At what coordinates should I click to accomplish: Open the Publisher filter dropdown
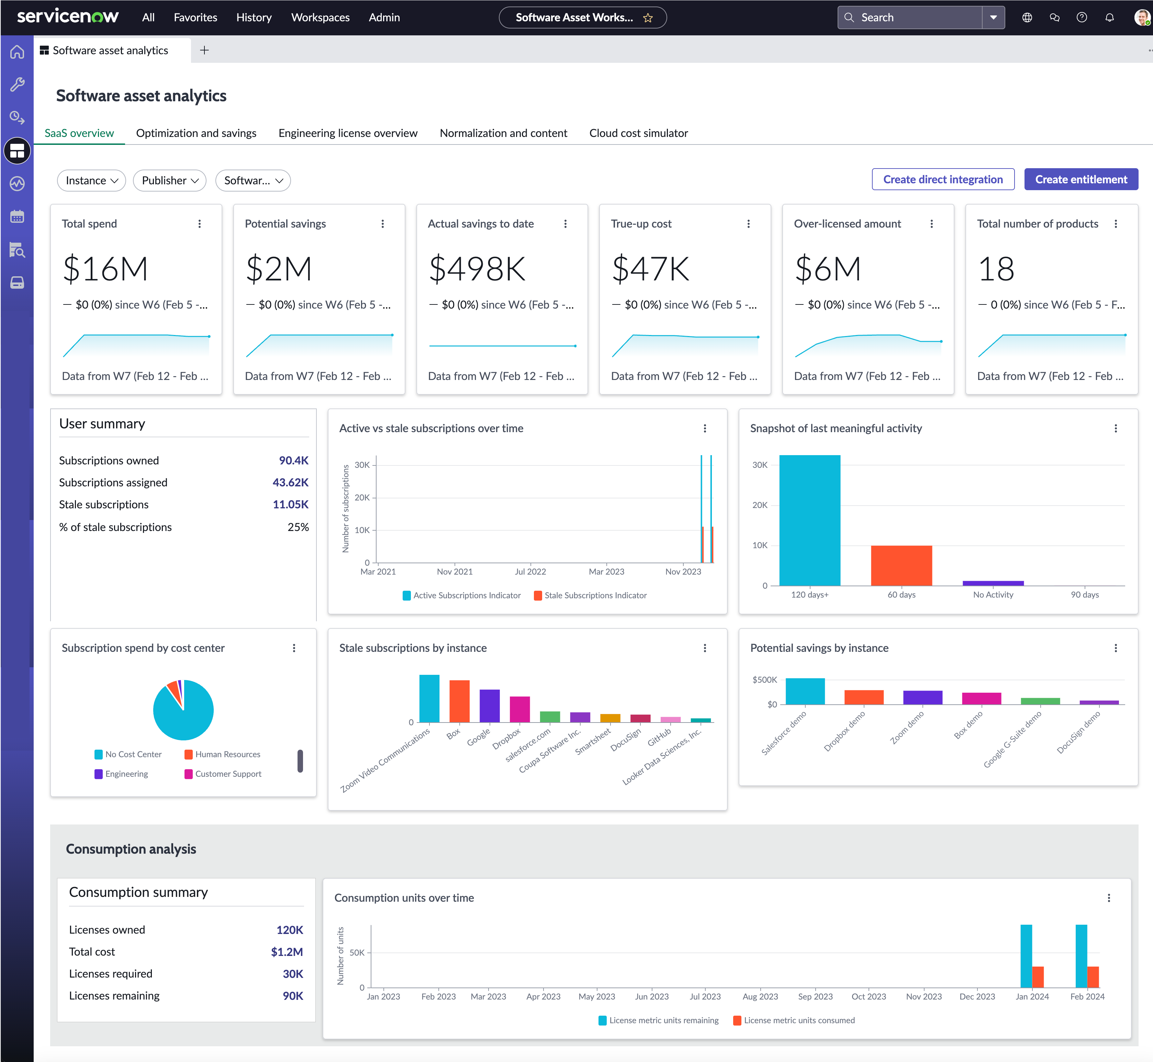[x=170, y=181]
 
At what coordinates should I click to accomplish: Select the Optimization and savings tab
[x=196, y=133]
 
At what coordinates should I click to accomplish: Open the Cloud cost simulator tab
[x=638, y=133]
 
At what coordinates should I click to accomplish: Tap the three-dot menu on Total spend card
[x=200, y=223]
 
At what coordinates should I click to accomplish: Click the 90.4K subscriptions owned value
[x=293, y=460]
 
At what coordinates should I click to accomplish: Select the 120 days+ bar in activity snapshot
[x=810, y=520]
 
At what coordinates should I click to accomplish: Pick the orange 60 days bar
[x=901, y=565]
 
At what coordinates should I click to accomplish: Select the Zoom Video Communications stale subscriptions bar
[x=429, y=698]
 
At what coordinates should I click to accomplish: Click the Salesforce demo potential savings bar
[x=805, y=691]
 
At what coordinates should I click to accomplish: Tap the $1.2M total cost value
[x=287, y=952]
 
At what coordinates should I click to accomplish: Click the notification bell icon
[x=1109, y=17]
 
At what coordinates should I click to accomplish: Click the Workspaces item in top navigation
[x=320, y=17]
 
